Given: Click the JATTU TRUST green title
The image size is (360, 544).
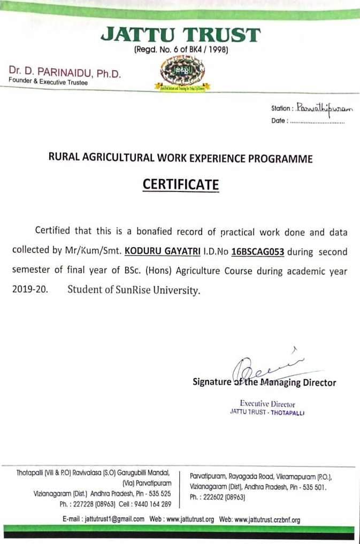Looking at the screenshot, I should (x=181, y=35).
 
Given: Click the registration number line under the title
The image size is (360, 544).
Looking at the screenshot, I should (x=181, y=51).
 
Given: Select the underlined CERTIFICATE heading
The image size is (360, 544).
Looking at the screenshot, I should (x=181, y=185).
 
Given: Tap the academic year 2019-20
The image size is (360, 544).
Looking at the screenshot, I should (x=29, y=291).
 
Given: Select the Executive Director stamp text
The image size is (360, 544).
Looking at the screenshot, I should (x=267, y=404).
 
